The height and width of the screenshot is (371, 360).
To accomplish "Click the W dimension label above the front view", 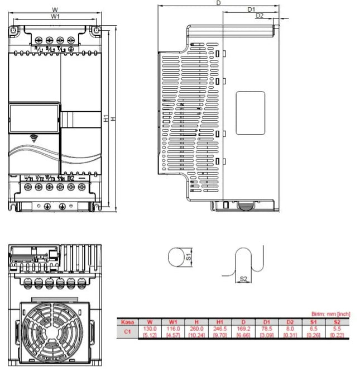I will pos(54,9).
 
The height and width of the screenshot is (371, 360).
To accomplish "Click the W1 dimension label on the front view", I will pos(55,17).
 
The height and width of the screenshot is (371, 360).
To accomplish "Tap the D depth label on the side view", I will pos(218,3).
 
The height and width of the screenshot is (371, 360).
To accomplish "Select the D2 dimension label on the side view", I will pos(260,16).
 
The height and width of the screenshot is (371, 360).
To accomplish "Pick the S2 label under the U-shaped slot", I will pos(243,278).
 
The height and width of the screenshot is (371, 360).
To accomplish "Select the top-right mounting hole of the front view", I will pos(95,30).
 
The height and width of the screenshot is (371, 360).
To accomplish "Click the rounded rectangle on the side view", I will pos(250,113).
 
